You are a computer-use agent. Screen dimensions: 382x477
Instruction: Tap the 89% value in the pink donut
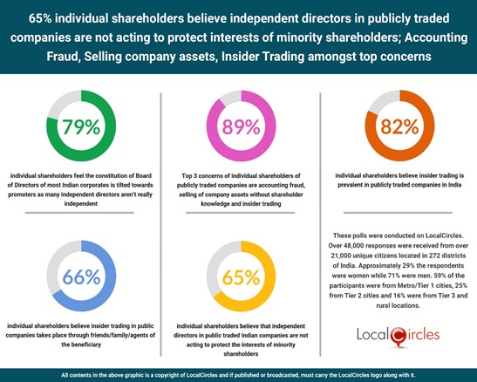[x=238, y=127]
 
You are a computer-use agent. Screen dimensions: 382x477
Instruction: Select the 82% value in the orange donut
[x=398, y=127]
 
